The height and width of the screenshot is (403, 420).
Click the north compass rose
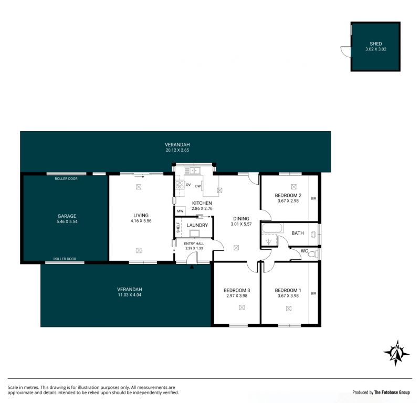click(x=396, y=353)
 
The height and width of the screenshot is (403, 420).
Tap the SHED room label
click(x=375, y=44)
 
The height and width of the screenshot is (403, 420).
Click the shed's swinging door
click(x=345, y=51)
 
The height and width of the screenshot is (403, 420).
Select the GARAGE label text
click(x=67, y=216)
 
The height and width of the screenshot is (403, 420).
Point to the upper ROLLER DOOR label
click(x=66, y=178)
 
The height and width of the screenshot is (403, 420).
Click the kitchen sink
click(x=192, y=171)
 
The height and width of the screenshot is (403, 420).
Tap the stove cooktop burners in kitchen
click(x=180, y=185)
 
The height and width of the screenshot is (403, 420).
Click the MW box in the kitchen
click(x=180, y=211)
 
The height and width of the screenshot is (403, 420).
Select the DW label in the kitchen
click(x=198, y=186)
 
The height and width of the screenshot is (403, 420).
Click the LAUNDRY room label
click(x=197, y=225)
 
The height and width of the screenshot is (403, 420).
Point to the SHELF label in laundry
click(x=178, y=227)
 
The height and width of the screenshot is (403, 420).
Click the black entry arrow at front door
click(x=192, y=267)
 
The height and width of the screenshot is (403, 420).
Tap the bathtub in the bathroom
click(x=272, y=228)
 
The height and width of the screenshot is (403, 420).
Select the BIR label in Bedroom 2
click(x=313, y=198)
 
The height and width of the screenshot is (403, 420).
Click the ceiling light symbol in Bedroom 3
click(x=242, y=307)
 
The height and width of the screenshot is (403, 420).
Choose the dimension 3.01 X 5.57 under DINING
click(x=241, y=224)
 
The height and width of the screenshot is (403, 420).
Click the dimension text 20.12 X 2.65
click(x=177, y=150)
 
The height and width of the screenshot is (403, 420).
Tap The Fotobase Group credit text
click(x=392, y=393)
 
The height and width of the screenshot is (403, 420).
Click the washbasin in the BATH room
click(x=313, y=235)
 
